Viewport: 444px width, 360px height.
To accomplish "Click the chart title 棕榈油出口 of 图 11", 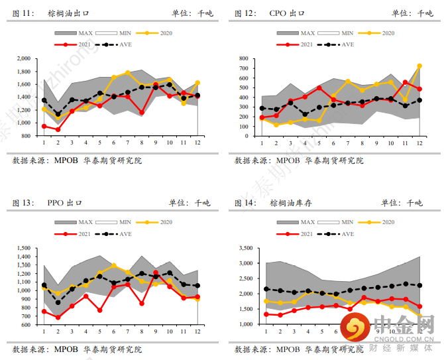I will pyautogui.click(x=69, y=13).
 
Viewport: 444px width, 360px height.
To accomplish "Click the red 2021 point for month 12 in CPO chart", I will pyautogui.click(x=419, y=89).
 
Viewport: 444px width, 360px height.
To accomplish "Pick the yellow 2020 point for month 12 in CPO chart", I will pyautogui.click(x=419, y=66).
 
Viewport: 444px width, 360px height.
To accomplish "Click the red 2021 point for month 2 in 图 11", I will pyautogui.click(x=58, y=129).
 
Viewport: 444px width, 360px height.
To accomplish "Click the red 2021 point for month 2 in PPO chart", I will pyautogui.click(x=58, y=318).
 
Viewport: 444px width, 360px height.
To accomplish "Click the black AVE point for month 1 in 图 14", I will pyautogui.click(x=266, y=289).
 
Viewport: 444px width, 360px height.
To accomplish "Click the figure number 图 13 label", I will pyautogui.click(x=24, y=203).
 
